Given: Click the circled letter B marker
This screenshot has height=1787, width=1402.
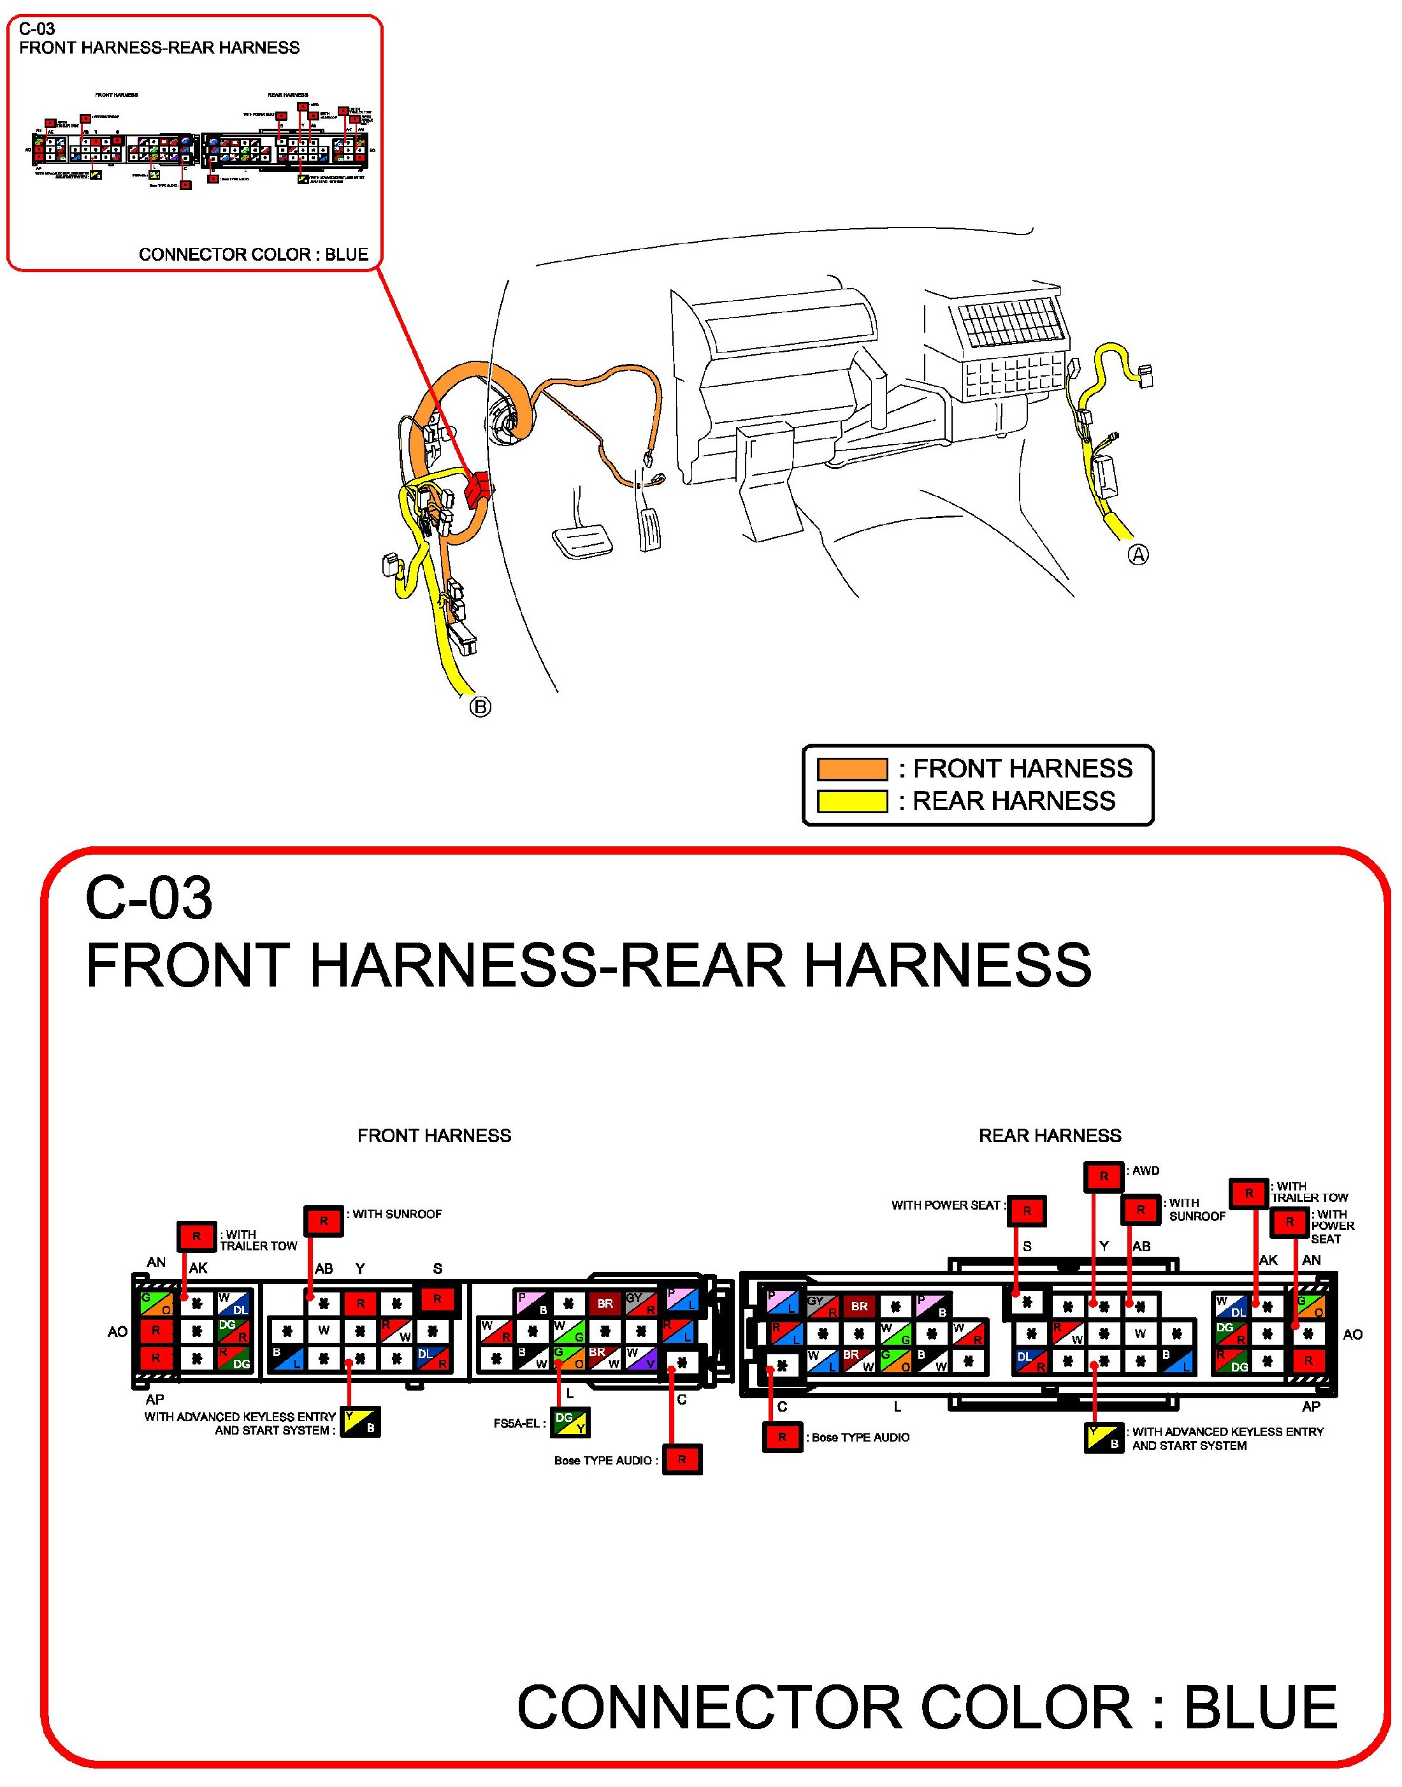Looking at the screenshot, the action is pyautogui.click(x=481, y=707).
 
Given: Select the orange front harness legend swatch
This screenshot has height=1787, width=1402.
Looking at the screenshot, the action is pyautogui.click(x=852, y=769).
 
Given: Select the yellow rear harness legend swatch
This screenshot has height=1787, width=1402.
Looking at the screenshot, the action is pyautogui.click(x=852, y=801).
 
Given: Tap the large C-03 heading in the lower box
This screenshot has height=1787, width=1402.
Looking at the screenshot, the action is pyautogui.click(x=148, y=897).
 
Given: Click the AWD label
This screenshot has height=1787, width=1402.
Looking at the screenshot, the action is pyautogui.click(x=1145, y=1171).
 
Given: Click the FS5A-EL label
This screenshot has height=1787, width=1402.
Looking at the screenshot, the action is pyautogui.click(x=519, y=1422).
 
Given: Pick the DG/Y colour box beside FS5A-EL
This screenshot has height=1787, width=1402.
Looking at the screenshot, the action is pyautogui.click(x=570, y=1422).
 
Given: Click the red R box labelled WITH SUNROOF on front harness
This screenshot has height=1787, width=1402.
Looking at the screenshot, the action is pyautogui.click(x=323, y=1220).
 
